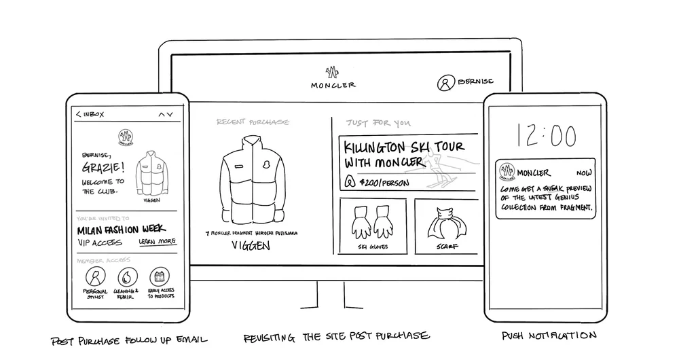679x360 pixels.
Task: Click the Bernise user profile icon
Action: (445, 83)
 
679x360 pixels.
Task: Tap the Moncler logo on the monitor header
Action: (333, 73)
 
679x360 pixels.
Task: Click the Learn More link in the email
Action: (158, 242)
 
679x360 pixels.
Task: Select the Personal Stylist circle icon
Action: (96, 277)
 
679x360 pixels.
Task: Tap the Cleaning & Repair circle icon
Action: (127, 277)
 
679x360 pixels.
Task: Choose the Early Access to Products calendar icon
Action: (159, 277)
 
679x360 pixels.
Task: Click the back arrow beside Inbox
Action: (78, 114)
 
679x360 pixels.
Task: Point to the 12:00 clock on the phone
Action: (547, 136)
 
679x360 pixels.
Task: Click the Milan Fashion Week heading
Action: (122, 230)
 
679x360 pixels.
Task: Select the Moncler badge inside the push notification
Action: (507, 174)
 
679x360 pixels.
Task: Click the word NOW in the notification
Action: (584, 173)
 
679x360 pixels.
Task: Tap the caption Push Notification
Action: (549, 336)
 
